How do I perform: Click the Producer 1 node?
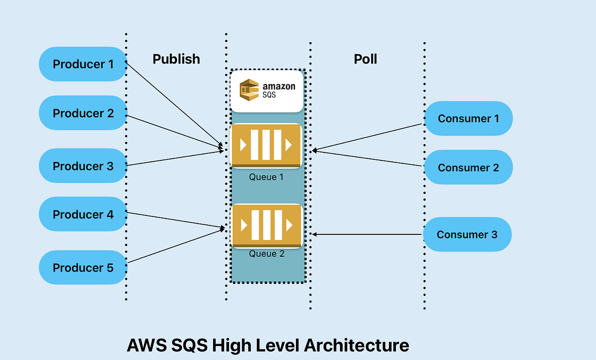(83, 64)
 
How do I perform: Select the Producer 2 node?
(83, 113)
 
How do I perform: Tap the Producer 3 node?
(83, 166)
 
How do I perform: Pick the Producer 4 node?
(83, 215)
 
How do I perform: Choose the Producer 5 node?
(83, 268)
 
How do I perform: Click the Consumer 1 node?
(468, 118)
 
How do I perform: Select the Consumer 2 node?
(468, 167)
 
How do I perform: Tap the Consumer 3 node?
(467, 234)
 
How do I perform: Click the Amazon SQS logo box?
(267, 91)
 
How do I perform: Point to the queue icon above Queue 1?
(267, 145)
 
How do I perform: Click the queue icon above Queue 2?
(267, 226)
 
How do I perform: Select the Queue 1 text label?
(266, 177)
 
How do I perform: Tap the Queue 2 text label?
(267, 254)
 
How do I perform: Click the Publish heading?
(176, 59)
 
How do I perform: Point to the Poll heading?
(365, 59)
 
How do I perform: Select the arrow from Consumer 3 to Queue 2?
(368, 234)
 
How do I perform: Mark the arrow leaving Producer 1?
(174, 104)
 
